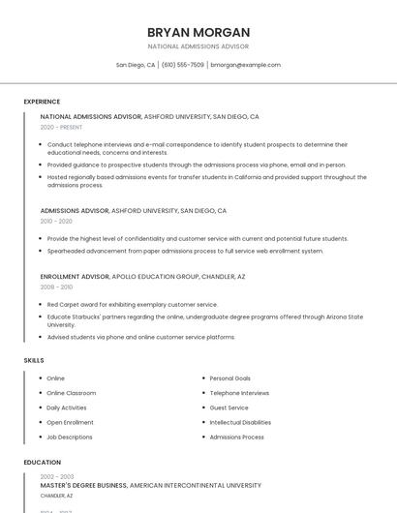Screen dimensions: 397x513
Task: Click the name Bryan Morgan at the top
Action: pyautogui.click(x=198, y=32)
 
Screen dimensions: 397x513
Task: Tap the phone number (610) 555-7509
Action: pyautogui.click(x=183, y=65)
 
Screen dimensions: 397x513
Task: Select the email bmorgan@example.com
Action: pyautogui.click(x=245, y=65)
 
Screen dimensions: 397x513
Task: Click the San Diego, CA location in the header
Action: pyautogui.click(x=136, y=65)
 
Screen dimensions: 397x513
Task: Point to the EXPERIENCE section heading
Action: pyautogui.click(x=42, y=101)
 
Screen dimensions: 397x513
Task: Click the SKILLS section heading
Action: pyautogui.click(x=34, y=360)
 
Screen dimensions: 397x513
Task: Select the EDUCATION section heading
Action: pyautogui.click(x=43, y=463)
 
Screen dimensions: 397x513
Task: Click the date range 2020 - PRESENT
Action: pyautogui.click(x=61, y=127)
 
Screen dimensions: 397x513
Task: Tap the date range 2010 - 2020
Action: pyautogui.click(x=56, y=221)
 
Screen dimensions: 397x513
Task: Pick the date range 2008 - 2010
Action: pyautogui.click(x=56, y=287)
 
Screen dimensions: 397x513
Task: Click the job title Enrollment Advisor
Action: pyautogui.click(x=75, y=276)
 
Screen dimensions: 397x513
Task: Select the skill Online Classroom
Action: pyautogui.click(x=72, y=393)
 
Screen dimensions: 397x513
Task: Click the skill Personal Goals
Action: pyautogui.click(x=230, y=378)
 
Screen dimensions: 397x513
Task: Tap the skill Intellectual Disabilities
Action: pyautogui.click(x=240, y=422)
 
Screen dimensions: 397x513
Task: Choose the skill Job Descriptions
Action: pyautogui.click(x=70, y=437)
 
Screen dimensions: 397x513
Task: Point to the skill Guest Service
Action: pyautogui.click(x=229, y=407)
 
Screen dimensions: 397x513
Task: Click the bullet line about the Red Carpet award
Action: pyautogui.click(x=133, y=304)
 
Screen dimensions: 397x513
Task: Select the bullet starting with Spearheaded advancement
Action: pyautogui.click(x=185, y=251)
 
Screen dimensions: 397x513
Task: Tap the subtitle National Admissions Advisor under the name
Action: pyautogui.click(x=198, y=46)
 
